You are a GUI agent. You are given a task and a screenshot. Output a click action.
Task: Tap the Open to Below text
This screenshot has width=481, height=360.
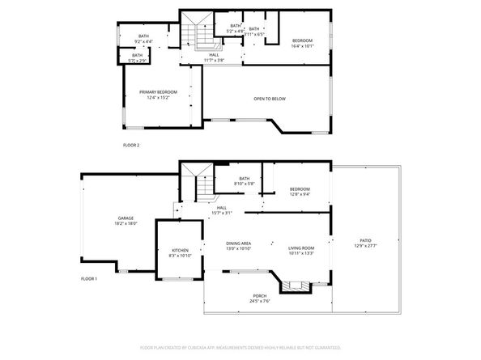(x=270, y=99)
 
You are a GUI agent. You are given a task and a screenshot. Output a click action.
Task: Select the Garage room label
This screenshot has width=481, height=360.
(x=125, y=218)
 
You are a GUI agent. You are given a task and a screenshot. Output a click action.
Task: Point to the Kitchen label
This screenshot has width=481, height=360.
(x=180, y=250)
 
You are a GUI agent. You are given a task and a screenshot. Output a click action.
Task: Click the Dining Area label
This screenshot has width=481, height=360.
(x=239, y=243)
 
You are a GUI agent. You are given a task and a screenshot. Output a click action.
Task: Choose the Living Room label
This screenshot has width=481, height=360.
(x=301, y=248)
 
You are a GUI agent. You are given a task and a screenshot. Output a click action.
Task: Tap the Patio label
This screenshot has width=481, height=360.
(x=366, y=240)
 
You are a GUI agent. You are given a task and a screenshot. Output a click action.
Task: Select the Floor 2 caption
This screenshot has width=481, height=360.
(x=131, y=145)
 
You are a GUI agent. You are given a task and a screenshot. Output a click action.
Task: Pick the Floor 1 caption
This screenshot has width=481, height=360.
(x=88, y=278)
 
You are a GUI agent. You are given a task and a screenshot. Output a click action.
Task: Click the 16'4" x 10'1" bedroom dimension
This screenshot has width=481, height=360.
(x=301, y=46)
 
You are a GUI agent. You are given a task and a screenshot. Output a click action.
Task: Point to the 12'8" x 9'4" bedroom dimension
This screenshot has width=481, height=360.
(x=299, y=194)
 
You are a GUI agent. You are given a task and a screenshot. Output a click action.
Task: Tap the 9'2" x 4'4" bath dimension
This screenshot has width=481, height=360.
(x=143, y=41)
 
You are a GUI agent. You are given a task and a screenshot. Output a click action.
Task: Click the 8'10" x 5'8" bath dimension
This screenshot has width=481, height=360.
(x=244, y=184)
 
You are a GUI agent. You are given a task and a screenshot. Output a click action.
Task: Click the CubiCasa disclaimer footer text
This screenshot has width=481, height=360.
(x=240, y=346)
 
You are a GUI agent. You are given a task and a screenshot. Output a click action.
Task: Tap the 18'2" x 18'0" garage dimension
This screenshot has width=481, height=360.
(x=125, y=223)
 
